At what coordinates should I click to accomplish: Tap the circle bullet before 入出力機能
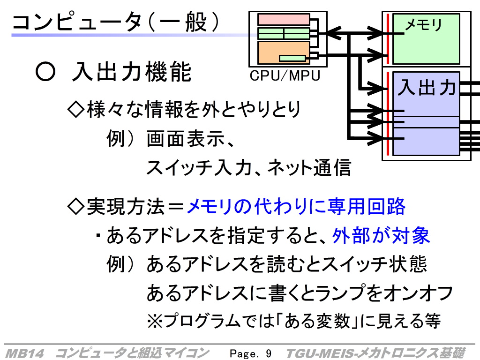[x=45, y=72]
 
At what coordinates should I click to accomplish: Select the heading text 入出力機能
[x=132, y=72]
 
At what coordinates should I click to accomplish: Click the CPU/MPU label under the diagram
[x=285, y=75]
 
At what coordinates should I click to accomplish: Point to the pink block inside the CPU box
[x=284, y=19]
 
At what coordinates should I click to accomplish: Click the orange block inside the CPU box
[x=284, y=52]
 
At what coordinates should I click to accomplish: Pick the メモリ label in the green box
[x=424, y=24]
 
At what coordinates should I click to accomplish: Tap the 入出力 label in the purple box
[x=427, y=87]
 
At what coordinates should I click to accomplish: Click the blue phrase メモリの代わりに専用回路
[x=296, y=206]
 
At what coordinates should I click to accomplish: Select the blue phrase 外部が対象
[x=381, y=235]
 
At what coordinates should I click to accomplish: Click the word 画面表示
[x=186, y=139]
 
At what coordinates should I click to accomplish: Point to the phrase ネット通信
[x=309, y=168]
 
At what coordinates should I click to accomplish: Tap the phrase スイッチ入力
[x=199, y=168]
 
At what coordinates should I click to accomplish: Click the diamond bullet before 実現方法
[x=75, y=206]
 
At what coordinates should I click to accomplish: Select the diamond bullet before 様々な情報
[x=75, y=110]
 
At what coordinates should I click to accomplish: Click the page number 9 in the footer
[x=269, y=353]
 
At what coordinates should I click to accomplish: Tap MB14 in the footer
[x=25, y=353]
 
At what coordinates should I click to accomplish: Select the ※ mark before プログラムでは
[x=155, y=321]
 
